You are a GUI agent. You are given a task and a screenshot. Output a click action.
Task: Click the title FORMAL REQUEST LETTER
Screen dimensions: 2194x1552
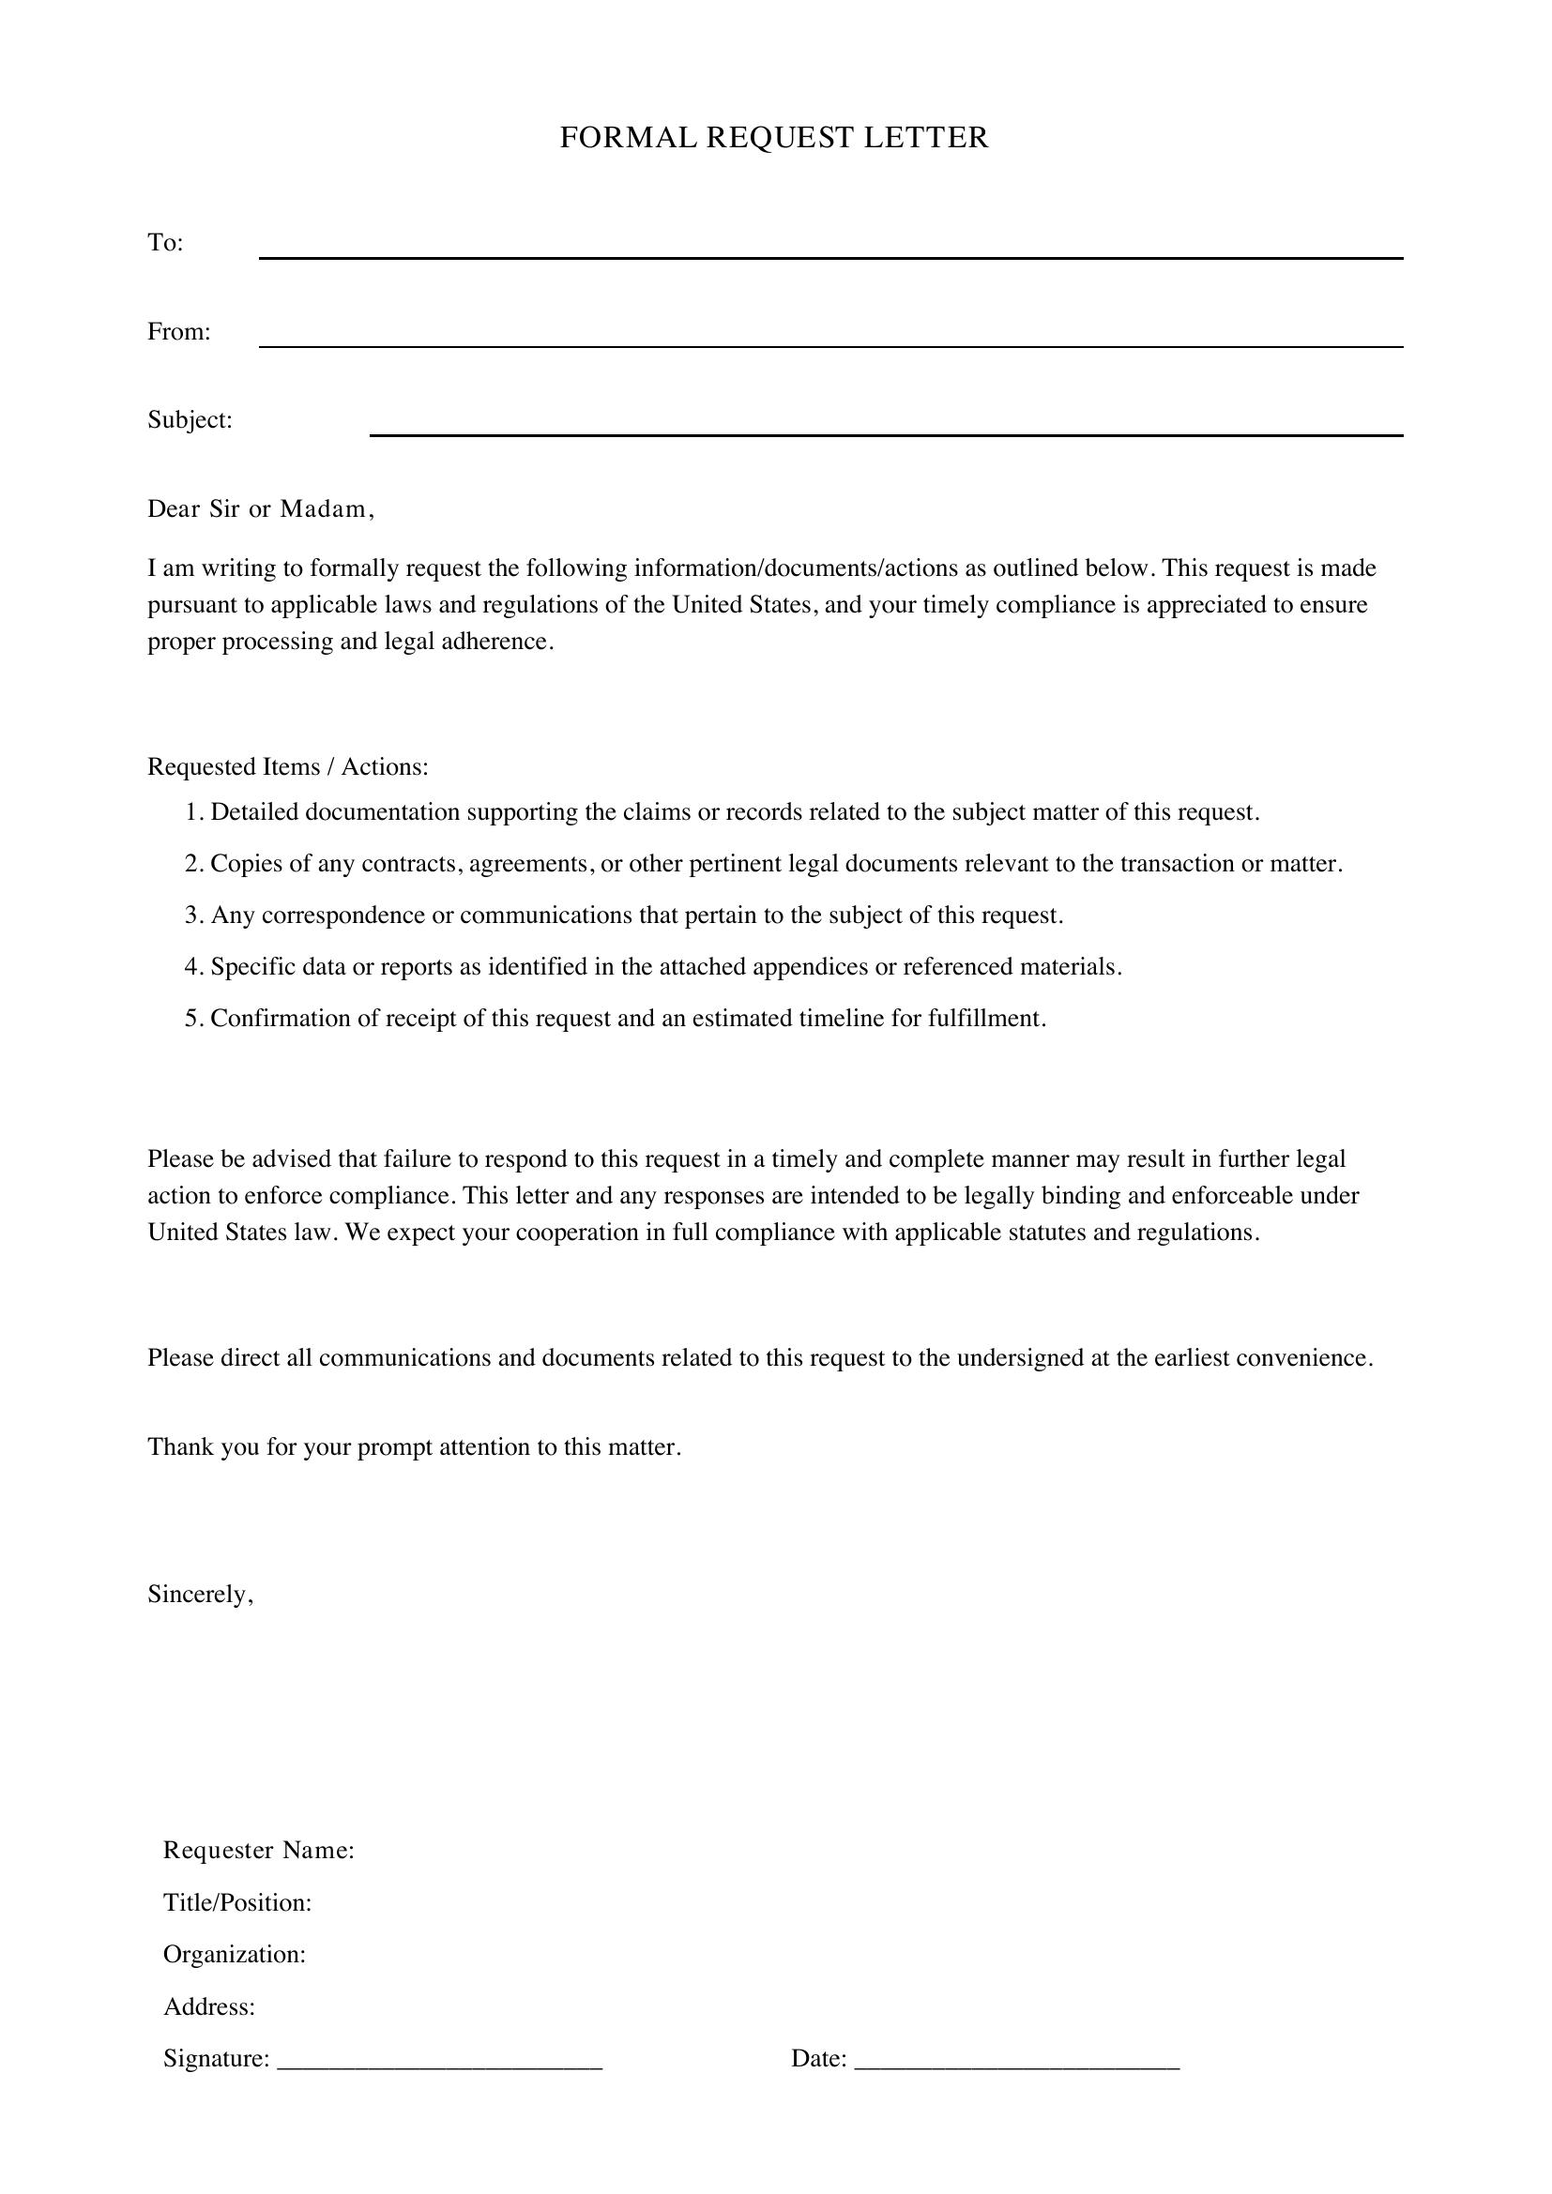coord(774,139)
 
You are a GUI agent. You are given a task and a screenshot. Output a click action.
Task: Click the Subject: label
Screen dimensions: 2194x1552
coord(190,420)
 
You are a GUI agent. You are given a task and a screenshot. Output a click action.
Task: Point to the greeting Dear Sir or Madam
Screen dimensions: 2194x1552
coord(260,509)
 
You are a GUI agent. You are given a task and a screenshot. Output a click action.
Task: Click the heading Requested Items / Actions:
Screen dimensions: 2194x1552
coord(288,767)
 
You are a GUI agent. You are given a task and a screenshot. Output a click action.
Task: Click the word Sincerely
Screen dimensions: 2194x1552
coord(200,1594)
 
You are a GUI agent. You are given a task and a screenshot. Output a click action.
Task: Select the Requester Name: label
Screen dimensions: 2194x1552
coord(259,1851)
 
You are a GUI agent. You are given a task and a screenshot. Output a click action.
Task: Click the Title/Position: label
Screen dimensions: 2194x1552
coord(238,1902)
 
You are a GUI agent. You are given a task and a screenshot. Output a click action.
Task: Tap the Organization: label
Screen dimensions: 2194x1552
coord(235,1954)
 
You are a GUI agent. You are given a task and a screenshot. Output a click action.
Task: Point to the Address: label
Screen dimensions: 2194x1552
coord(209,2005)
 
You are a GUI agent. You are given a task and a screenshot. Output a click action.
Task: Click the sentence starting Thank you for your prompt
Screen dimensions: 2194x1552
coord(414,1446)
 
